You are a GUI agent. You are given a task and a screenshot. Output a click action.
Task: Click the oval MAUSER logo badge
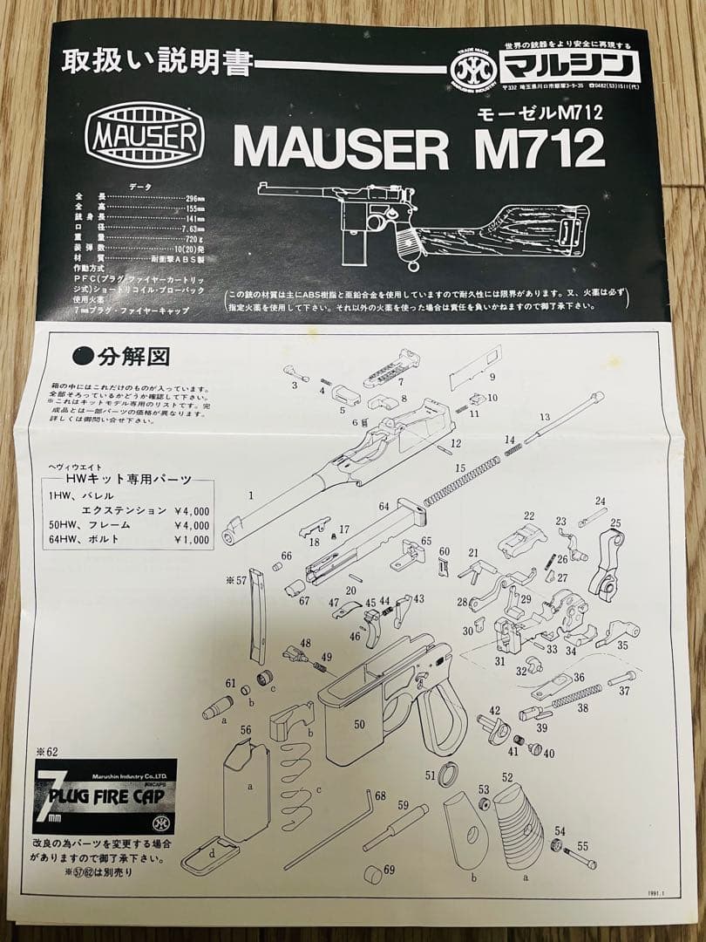coord(145,137)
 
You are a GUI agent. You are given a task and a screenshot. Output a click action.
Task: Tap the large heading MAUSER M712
coord(418,149)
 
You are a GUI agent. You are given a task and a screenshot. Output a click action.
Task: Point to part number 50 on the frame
coord(359,724)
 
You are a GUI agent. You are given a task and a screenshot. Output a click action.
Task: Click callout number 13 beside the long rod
coord(545,417)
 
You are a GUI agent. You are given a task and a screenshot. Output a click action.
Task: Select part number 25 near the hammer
coord(615,522)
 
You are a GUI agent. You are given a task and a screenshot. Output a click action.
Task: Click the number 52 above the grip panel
coord(507,776)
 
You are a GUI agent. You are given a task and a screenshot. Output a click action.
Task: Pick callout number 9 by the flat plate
coord(492,377)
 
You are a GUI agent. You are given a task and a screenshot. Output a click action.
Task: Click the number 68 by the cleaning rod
coord(380,795)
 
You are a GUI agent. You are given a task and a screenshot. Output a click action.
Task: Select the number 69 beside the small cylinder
coord(389,870)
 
